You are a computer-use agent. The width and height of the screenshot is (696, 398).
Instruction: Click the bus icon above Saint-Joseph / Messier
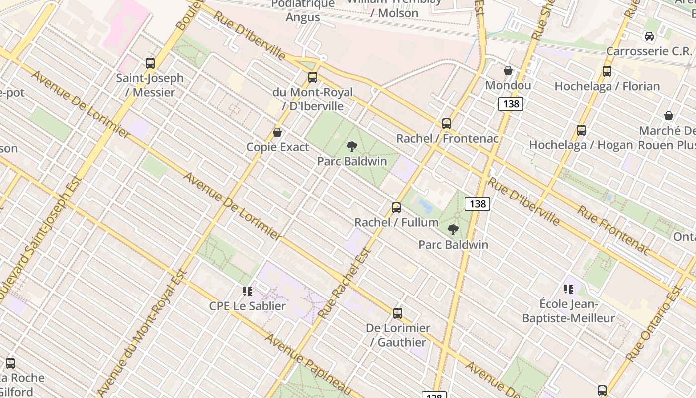point(150,63)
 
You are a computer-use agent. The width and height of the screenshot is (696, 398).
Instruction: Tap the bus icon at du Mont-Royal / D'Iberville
point(313,77)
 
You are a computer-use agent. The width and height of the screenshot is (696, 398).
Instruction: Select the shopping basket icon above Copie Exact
point(277,132)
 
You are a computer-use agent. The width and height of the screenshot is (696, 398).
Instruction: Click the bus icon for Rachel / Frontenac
point(447,124)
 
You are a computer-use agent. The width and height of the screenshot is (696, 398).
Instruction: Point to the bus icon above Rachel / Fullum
point(396,208)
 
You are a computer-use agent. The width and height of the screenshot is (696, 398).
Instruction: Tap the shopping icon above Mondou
point(508,71)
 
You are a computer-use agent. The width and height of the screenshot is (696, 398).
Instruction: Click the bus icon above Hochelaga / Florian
point(607,71)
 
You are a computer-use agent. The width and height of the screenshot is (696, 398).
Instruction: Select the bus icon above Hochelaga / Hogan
point(581,130)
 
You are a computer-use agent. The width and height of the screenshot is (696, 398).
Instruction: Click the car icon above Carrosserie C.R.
point(649,36)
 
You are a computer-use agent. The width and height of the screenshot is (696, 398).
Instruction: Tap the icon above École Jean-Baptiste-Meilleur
point(569,289)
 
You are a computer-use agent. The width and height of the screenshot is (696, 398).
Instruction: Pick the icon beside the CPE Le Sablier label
point(247,292)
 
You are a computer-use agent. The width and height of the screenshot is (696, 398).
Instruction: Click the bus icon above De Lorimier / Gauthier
point(398,313)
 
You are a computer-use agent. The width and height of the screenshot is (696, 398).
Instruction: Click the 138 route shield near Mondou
point(511,103)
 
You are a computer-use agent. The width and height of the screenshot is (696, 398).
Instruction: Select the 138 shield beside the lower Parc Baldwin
point(478,204)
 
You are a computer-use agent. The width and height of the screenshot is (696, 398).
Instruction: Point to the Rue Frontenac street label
point(614,230)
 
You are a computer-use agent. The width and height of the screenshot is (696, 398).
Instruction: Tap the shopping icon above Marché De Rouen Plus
point(669,116)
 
